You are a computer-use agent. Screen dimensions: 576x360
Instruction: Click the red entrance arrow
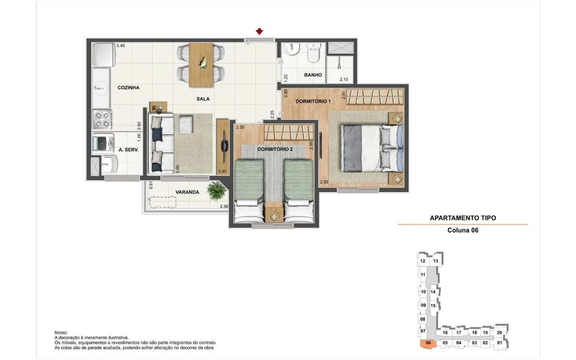click(x=259, y=31)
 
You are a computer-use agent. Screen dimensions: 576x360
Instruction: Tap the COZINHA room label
click(x=128, y=88)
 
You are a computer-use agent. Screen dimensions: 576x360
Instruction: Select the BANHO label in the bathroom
click(x=313, y=75)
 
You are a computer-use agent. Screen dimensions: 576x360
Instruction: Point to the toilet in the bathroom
click(x=314, y=53)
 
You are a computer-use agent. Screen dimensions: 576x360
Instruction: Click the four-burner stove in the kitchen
click(x=102, y=120)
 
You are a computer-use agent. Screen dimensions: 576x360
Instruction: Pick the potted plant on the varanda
click(x=216, y=190)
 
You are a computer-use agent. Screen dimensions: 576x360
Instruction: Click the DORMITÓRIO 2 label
click(x=275, y=149)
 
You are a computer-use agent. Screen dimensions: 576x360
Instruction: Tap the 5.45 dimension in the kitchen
click(x=121, y=46)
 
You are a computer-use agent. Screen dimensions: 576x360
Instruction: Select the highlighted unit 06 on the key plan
click(x=428, y=343)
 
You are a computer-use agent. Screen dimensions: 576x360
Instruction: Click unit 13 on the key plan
click(x=436, y=261)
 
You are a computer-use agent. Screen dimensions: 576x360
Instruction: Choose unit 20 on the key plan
click(x=499, y=332)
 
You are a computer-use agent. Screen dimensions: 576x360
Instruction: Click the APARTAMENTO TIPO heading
click(x=463, y=218)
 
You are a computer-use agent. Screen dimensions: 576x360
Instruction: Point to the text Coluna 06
click(x=463, y=230)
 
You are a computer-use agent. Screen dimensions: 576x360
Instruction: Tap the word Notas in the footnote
click(x=61, y=333)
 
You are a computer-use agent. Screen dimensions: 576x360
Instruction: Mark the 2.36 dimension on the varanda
click(x=224, y=206)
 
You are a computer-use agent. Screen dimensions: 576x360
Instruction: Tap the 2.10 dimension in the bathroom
click(x=344, y=80)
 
